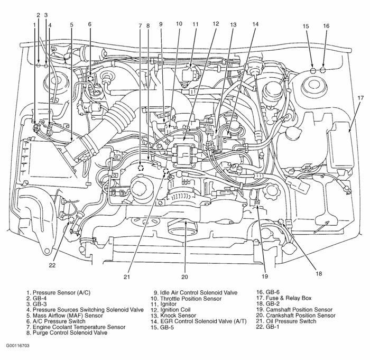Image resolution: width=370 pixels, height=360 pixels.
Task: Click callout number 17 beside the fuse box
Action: [360, 98]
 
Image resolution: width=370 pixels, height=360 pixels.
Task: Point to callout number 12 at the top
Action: [216, 24]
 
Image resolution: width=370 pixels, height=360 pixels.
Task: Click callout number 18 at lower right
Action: [318, 273]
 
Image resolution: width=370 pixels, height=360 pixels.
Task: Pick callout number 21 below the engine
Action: [127, 276]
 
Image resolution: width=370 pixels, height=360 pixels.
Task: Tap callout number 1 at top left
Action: [34, 24]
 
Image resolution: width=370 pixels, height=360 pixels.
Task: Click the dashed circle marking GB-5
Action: [312, 70]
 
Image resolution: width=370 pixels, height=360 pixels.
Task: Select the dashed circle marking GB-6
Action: [323, 70]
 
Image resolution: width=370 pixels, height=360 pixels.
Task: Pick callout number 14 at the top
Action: [255, 24]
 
